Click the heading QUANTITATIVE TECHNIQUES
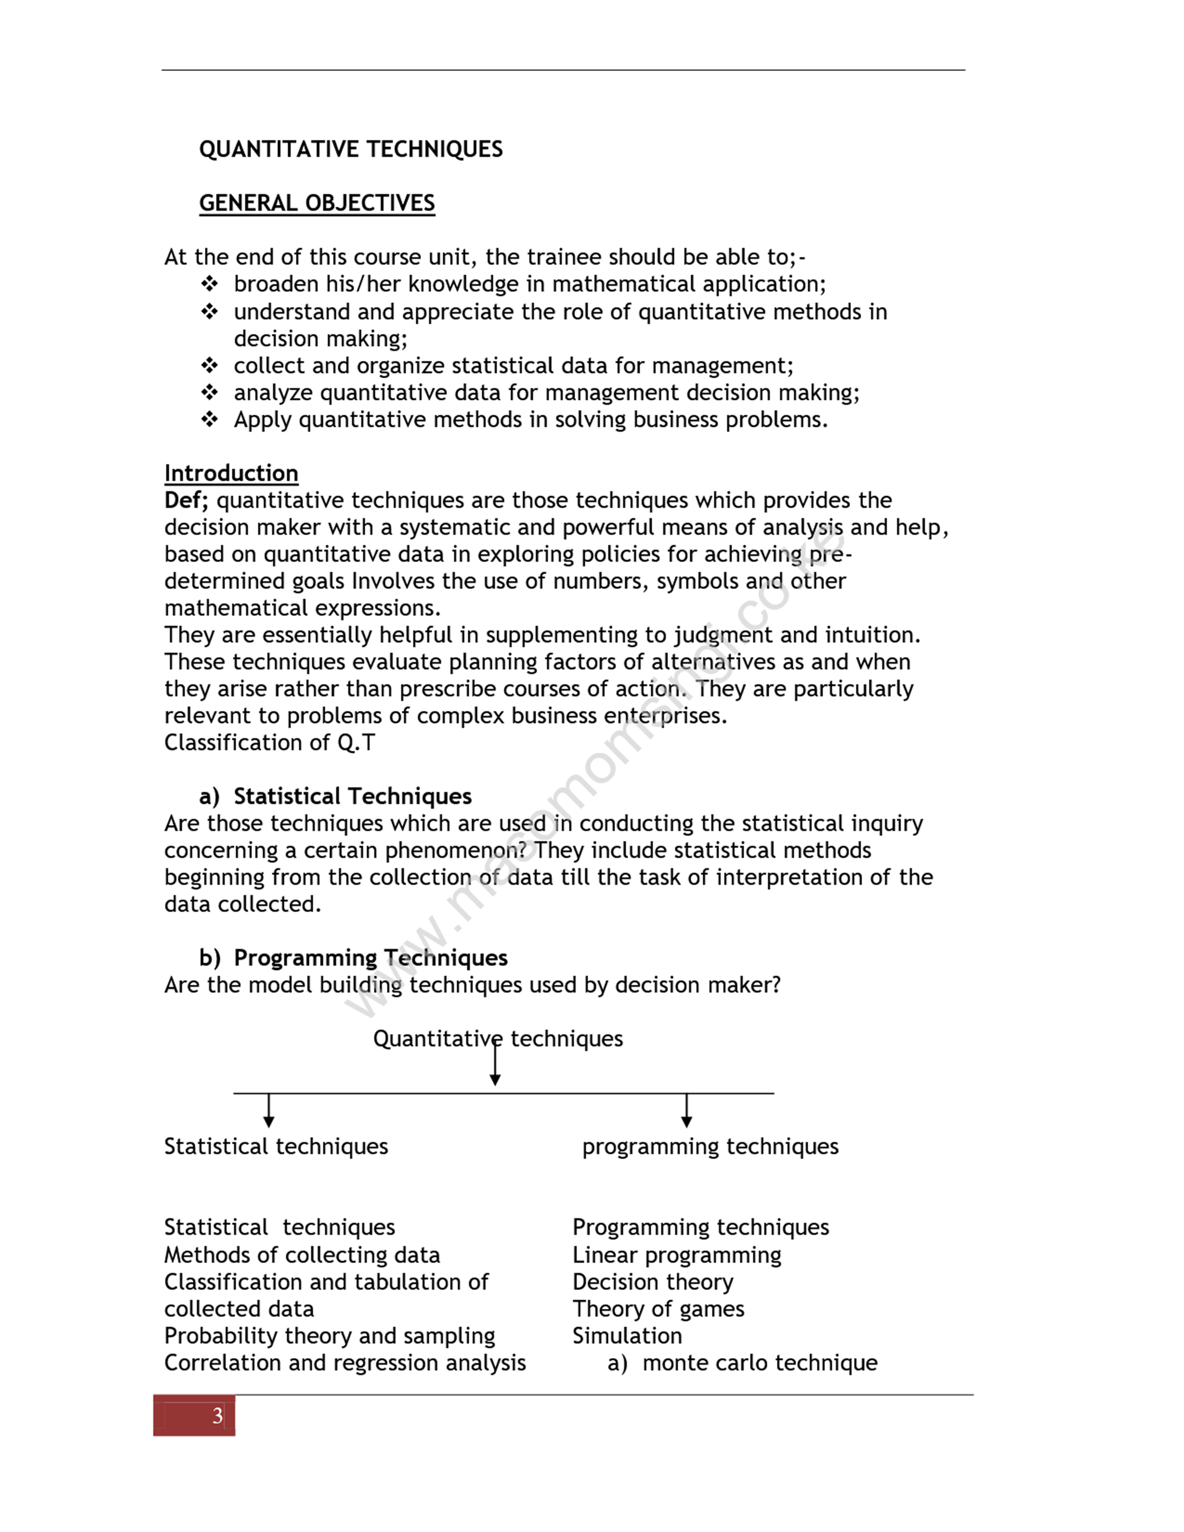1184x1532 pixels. pyautogui.click(x=351, y=149)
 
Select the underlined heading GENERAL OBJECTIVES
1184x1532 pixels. pyautogui.click(x=317, y=203)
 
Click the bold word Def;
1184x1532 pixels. pyautogui.click(x=186, y=500)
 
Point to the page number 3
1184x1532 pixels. pyautogui.click(x=217, y=1415)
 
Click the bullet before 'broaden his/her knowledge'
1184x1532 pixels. pyautogui.click(x=209, y=284)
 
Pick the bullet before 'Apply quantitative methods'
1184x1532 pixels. pyautogui.click(x=209, y=420)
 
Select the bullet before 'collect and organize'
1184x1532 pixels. pyautogui.click(x=209, y=365)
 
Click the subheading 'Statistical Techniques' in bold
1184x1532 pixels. pyautogui.click(x=352, y=796)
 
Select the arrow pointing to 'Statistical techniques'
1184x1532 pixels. pyautogui.click(x=269, y=1110)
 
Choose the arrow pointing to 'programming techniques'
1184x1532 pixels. pyautogui.click(x=687, y=1110)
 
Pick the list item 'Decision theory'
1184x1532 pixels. pyautogui.click(x=652, y=1282)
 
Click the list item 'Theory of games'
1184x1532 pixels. pyautogui.click(x=658, y=1309)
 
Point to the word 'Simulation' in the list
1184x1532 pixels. pyautogui.click(x=627, y=1336)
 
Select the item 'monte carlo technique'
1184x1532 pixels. pyautogui.click(x=760, y=1363)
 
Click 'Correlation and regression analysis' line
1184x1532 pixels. pyautogui.click(x=345, y=1363)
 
